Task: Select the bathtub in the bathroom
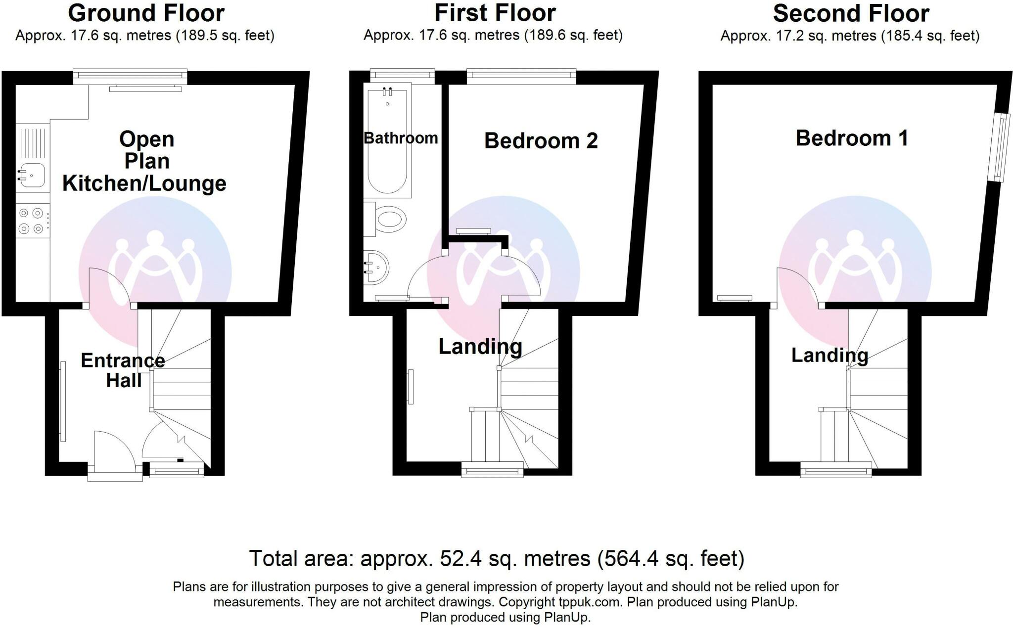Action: (x=387, y=140)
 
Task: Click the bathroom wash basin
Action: (x=376, y=268)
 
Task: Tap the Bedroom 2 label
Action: (x=541, y=141)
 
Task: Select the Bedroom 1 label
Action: (x=852, y=138)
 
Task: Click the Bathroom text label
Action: (x=401, y=138)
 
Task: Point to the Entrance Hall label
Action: (x=123, y=370)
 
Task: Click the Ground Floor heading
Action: (x=146, y=13)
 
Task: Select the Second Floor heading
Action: (x=851, y=13)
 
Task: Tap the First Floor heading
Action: (x=495, y=13)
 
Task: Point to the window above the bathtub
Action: (x=403, y=76)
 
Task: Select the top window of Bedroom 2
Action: (x=521, y=76)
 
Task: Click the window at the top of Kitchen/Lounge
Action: (x=130, y=76)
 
